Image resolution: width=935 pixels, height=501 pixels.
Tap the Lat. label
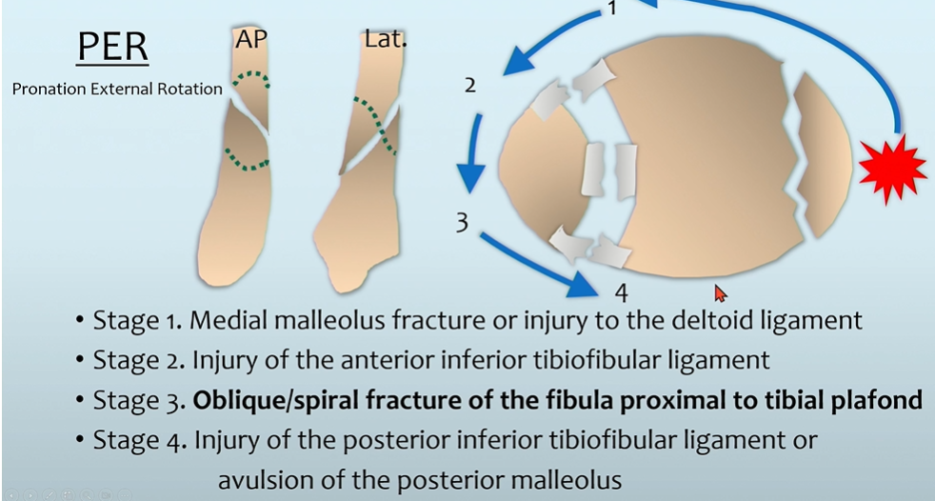click(386, 39)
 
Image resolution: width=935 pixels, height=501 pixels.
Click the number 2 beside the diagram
click(469, 86)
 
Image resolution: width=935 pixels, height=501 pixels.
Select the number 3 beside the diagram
click(461, 223)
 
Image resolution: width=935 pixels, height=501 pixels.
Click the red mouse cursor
click(720, 293)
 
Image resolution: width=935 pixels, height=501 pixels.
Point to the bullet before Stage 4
click(79, 442)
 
